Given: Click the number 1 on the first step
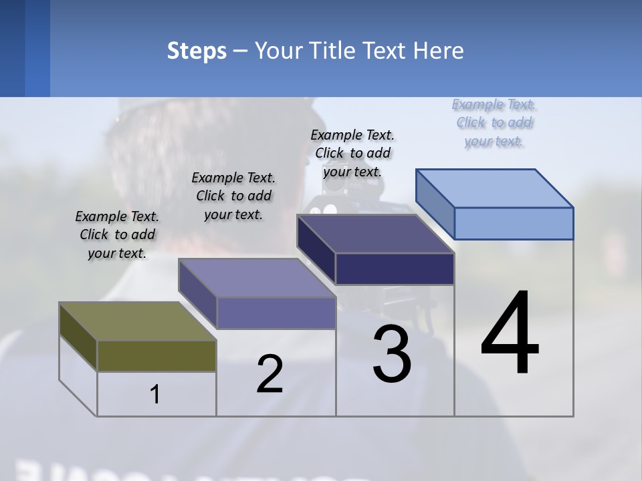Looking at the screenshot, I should point(155,395).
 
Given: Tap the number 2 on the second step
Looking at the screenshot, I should point(270,374).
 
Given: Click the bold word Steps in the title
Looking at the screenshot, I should point(197,51).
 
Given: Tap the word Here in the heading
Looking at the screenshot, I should point(438,51).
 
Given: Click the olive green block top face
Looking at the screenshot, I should point(137,321).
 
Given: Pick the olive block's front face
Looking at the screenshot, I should point(156,355).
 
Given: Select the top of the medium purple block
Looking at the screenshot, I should point(257,278).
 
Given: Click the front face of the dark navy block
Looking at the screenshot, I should point(395,269).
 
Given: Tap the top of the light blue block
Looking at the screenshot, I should point(495,188).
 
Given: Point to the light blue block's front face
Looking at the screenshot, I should point(514,223).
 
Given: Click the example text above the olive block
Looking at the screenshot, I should point(117,234).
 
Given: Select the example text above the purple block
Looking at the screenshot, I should point(233,196).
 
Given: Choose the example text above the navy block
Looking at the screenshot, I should point(352,153).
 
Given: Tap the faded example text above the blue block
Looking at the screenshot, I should point(494,122).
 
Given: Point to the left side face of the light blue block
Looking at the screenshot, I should point(435,204).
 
